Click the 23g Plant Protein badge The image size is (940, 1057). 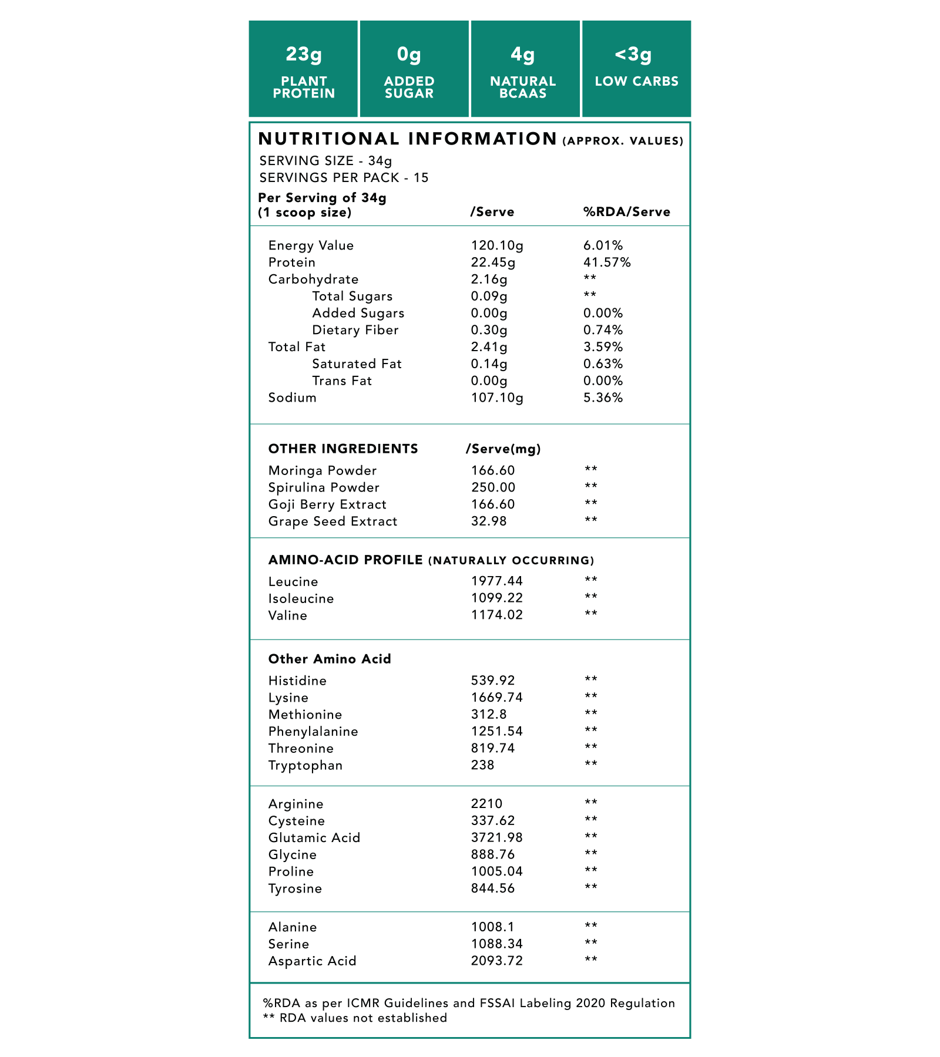point(303,69)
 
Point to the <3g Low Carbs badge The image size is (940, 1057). point(636,69)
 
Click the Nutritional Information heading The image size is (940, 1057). point(408,139)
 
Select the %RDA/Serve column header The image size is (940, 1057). point(626,212)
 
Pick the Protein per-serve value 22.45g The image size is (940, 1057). point(493,262)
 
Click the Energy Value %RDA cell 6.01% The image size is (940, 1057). point(603,245)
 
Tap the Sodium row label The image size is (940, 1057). point(292,398)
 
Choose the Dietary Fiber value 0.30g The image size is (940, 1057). point(489,330)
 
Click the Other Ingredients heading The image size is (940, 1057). point(343,449)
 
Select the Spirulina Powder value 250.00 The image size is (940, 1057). point(493,487)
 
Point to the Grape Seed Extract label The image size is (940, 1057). point(333,521)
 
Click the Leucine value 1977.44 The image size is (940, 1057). point(496,581)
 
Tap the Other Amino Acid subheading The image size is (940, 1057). point(330,659)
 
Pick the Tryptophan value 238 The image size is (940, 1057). point(482,765)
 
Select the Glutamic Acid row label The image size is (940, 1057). point(314,838)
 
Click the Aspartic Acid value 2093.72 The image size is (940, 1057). point(496,961)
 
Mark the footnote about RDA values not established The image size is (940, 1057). point(355,1018)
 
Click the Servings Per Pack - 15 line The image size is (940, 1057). point(344,178)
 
